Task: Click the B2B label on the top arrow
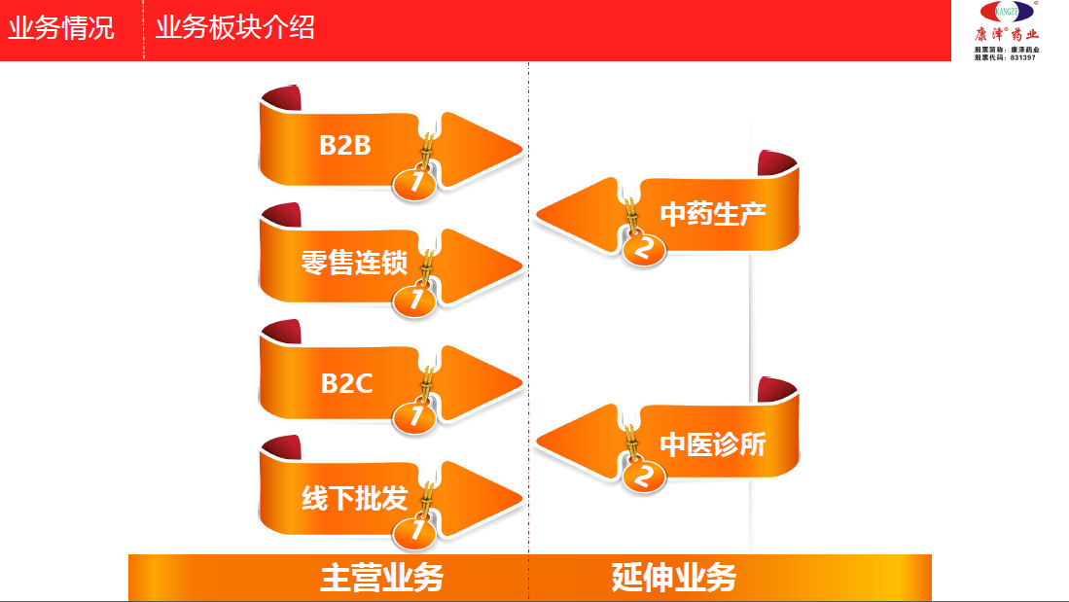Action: pyautogui.click(x=345, y=146)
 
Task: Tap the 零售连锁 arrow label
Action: pyautogui.click(x=354, y=263)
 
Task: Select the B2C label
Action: pyautogui.click(x=346, y=383)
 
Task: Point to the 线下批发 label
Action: pyautogui.click(x=354, y=499)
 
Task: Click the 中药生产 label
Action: pyautogui.click(x=713, y=214)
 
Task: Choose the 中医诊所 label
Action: pyautogui.click(x=713, y=444)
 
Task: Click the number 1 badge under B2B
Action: pyautogui.click(x=415, y=182)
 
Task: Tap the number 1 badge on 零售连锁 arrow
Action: pyautogui.click(x=415, y=300)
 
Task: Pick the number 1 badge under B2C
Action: pyautogui.click(x=415, y=416)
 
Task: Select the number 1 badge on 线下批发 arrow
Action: pyautogui.click(x=415, y=531)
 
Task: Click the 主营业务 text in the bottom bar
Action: pyautogui.click(x=381, y=578)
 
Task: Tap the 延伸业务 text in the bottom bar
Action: pyautogui.click(x=674, y=578)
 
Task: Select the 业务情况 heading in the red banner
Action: pyautogui.click(x=61, y=27)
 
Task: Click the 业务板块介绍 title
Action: pyautogui.click(x=235, y=27)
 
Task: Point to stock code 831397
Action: pyautogui.click(x=1022, y=57)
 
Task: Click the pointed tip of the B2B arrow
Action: pyautogui.click(x=519, y=150)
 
